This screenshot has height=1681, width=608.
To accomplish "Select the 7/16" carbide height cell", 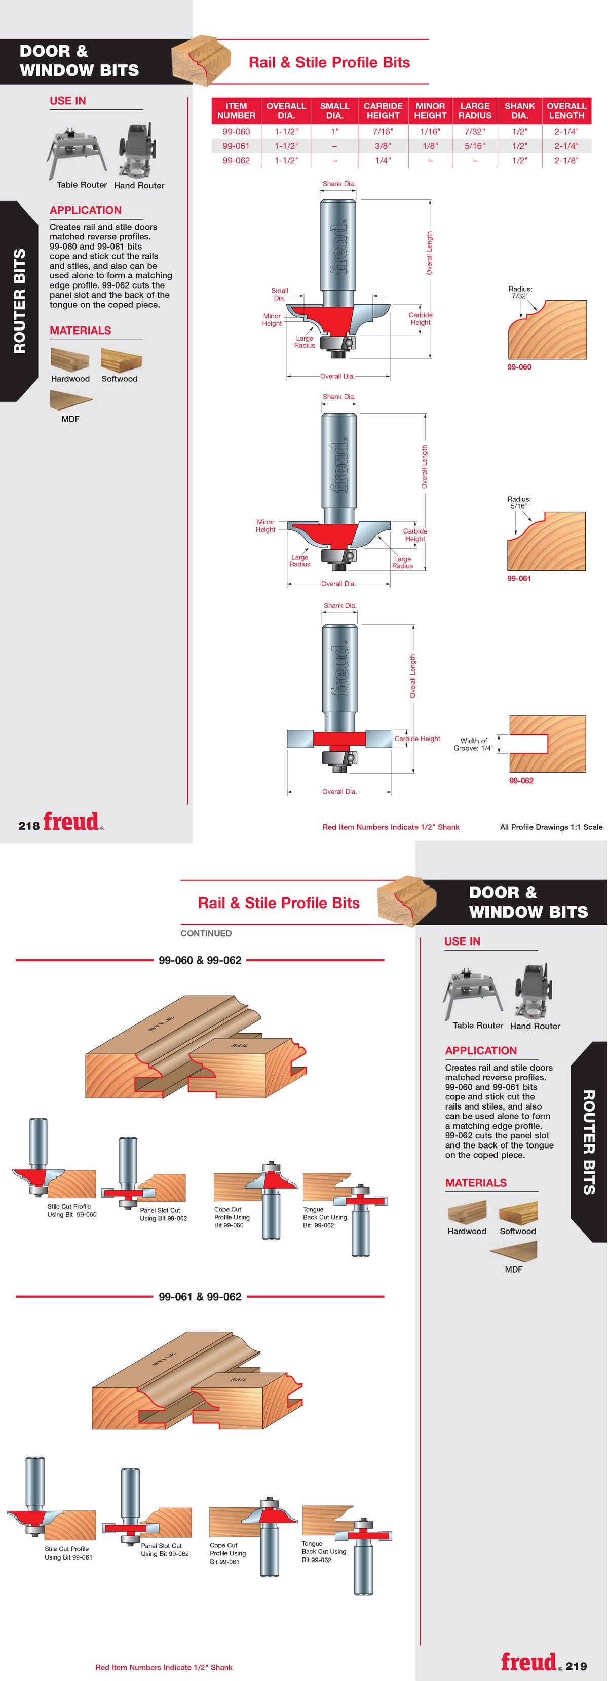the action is (x=383, y=131).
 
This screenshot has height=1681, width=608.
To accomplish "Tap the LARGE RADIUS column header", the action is (x=475, y=110).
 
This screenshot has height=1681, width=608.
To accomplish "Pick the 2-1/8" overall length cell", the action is (x=566, y=160).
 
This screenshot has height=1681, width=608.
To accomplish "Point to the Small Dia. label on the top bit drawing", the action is (x=280, y=294).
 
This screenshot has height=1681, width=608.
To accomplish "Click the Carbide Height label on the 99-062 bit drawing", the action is (x=417, y=739).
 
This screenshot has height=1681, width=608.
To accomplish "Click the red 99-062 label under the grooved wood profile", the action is (x=521, y=781).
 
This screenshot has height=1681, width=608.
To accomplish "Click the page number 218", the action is (x=29, y=826).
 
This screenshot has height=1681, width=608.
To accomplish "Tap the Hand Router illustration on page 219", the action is (x=536, y=991).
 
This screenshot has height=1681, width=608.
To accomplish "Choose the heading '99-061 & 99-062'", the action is (x=200, y=1297).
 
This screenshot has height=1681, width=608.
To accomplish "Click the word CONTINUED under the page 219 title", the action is (x=206, y=933).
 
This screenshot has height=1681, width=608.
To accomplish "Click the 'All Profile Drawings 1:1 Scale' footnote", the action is (x=551, y=827).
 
